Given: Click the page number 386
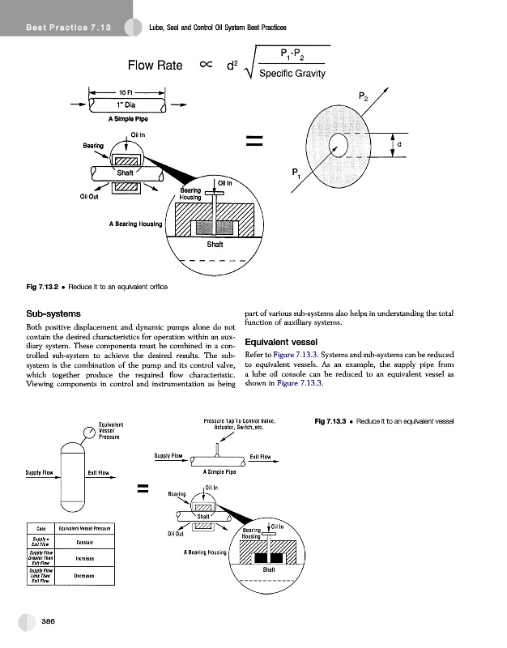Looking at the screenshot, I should (48, 620).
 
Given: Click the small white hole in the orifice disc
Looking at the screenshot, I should (337, 146).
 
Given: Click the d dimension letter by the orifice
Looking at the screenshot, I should (398, 146).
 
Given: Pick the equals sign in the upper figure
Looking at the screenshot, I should (256, 143).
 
